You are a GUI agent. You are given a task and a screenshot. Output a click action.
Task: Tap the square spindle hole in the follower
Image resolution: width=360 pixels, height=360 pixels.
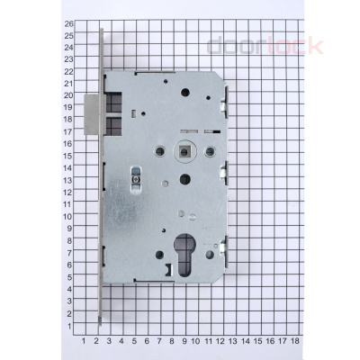(x=184, y=151)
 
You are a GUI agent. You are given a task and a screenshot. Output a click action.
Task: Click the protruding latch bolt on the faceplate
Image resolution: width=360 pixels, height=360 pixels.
(x=92, y=114)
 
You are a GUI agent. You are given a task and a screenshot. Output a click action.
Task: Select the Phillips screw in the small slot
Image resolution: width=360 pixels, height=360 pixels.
(x=136, y=180)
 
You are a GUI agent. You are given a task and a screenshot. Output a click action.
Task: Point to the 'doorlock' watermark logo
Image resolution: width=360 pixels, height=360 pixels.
(x=265, y=46)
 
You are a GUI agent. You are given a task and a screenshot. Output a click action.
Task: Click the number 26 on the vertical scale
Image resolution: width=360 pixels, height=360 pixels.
(x=69, y=24)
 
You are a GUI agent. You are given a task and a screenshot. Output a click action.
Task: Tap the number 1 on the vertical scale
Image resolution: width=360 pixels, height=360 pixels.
(x=69, y=326)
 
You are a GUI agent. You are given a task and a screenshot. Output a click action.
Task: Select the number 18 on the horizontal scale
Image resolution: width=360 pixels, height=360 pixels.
(x=295, y=341)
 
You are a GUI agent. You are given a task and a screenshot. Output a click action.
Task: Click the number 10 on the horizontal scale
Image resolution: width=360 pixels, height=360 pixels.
(x=195, y=341)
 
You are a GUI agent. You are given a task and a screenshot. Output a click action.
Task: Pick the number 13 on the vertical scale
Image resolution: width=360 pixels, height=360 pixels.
(x=68, y=180)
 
